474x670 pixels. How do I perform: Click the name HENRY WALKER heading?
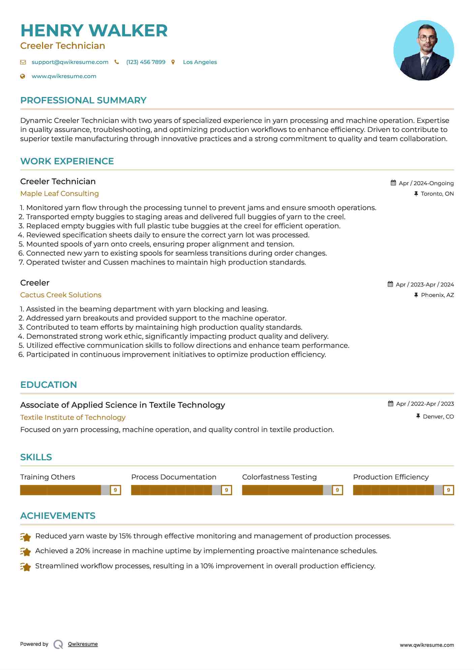click(x=94, y=31)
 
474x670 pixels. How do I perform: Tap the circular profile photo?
click(x=423, y=51)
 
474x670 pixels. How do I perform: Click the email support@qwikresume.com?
click(x=70, y=62)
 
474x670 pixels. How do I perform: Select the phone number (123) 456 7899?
click(x=146, y=62)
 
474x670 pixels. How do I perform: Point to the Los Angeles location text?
click(x=200, y=62)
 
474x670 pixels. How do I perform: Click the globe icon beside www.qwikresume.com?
click(x=23, y=76)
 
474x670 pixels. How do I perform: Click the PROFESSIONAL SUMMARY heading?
click(x=83, y=100)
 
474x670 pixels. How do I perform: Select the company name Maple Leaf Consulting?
click(x=59, y=194)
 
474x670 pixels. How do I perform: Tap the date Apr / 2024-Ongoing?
click(x=426, y=183)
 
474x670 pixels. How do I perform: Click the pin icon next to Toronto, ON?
click(x=416, y=194)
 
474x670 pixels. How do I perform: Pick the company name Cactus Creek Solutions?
click(x=61, y=295)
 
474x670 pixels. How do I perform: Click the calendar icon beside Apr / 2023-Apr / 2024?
click(x=390, y=284)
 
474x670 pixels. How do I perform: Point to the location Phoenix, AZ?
click(x=437, y=295)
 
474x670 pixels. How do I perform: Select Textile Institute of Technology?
click(x=73, y=417)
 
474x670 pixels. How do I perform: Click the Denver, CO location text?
click(x=438, y=417)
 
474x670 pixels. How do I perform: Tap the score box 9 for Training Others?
click(x=116, y=490)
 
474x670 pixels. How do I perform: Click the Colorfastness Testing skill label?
click(x=279, y=477)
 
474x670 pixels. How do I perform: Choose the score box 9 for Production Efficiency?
click(x=448, y=490)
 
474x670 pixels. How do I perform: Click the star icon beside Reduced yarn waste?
click(x=26, y=537)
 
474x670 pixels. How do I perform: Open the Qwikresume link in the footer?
click(x=83, y=644)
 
